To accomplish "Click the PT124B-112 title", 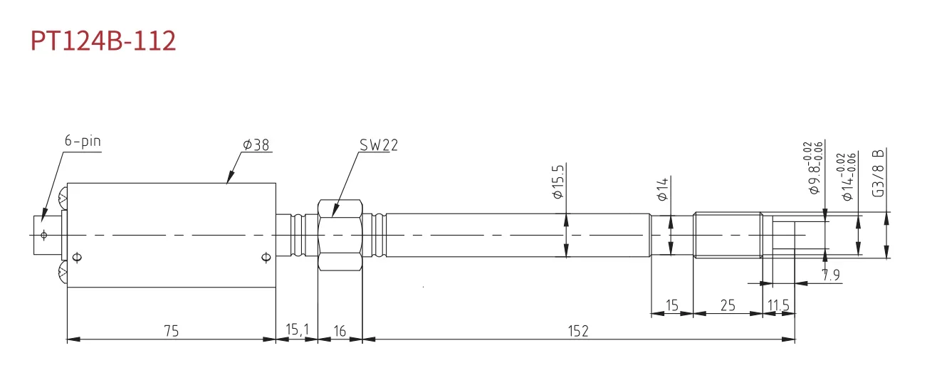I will point(103,41).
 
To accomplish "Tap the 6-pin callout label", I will point(83,142).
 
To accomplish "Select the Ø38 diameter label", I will point(256,145).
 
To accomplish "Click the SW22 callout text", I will point(378,145).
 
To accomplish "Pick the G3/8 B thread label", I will point(879,173).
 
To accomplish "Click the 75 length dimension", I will point(170,331).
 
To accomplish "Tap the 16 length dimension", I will point(340,331).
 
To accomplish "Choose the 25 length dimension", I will point(727,305).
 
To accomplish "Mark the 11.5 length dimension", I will point(778,305).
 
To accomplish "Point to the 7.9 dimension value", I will point(830,275).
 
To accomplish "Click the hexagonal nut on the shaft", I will point(340,235).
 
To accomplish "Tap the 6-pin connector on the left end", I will point(47,235).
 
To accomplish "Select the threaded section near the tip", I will point(727,235).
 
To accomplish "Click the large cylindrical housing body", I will point(171,235).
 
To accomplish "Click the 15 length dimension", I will point(671,305).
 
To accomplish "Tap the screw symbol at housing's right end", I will point(266,257).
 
